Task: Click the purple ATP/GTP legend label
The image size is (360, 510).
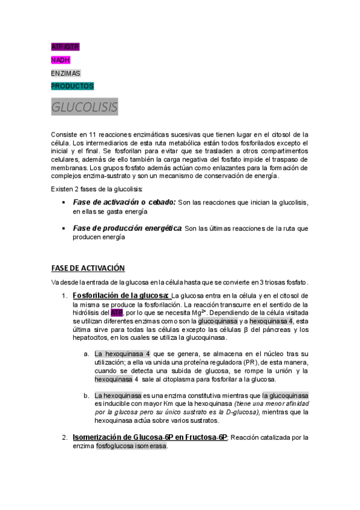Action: [x=65, y=46]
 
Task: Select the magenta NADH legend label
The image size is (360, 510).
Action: [x=60, y=60]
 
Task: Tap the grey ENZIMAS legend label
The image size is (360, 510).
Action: [x=66, y=73]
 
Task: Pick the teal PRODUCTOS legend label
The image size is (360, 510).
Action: [x=72, y=86]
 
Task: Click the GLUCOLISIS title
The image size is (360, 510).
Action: [x=84, y=107]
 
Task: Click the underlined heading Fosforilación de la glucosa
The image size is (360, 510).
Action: [x=120, y=295]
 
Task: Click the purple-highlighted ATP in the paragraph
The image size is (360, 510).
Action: [x=117, y=313]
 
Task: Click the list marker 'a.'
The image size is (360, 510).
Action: [x=87, y=353]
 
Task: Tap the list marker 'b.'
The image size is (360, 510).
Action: [x=87, y=396]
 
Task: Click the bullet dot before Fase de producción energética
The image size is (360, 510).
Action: [x=64, y=229]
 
